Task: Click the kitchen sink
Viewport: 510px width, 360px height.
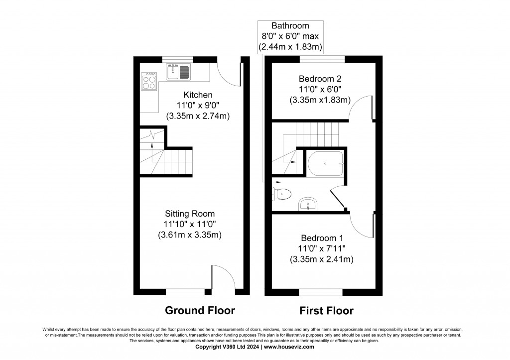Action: point(178,72)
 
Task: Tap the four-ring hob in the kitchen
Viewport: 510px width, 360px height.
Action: point(149,81)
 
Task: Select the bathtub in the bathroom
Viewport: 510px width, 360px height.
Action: point(326,163)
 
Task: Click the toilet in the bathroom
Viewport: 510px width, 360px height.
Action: point(281,194)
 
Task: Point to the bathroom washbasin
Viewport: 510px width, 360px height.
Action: point(308,204)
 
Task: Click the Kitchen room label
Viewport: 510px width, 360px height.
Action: point(198,95)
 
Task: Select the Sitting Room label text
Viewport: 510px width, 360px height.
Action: point(190,214)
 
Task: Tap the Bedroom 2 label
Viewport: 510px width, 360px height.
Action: point(320,79)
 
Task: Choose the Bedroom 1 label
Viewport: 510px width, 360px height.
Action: point(322,238)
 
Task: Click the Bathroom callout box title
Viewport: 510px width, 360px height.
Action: point(290,26)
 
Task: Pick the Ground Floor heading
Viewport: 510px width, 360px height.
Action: point(200,311)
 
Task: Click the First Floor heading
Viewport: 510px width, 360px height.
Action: point(327,311)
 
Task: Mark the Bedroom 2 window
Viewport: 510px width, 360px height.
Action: point(322,59)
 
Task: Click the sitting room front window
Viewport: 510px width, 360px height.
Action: point(185,292)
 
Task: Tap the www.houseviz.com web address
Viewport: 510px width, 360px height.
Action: point(289,347)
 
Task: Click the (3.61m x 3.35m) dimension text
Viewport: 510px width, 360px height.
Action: point(190,235)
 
